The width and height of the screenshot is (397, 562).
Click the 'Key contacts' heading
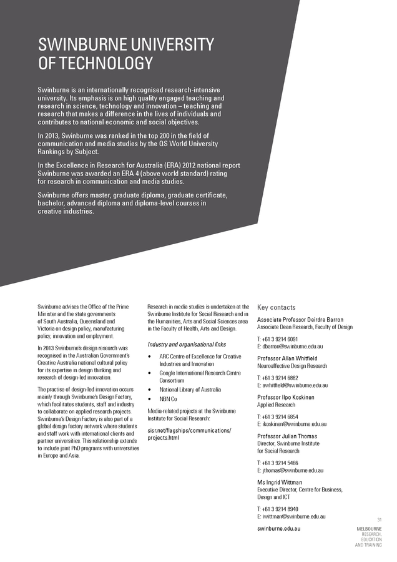[x=276, y=307]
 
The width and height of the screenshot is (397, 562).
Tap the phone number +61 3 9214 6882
[x=282, y=378]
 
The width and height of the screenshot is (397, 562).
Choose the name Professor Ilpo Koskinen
[x=286, y=397]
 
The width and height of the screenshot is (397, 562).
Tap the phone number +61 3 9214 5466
[x=282, y=463]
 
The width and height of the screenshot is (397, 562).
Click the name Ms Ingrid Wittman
[x=279, y=482]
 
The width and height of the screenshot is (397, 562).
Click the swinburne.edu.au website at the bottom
[x=279, y=529]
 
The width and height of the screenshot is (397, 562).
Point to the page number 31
[x=379, y=520]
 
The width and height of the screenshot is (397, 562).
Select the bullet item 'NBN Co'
[x=168, y=398]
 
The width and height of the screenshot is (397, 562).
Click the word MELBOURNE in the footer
[x=369, y=529]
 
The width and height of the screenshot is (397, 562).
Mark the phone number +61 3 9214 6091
[x=282, y=338]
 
